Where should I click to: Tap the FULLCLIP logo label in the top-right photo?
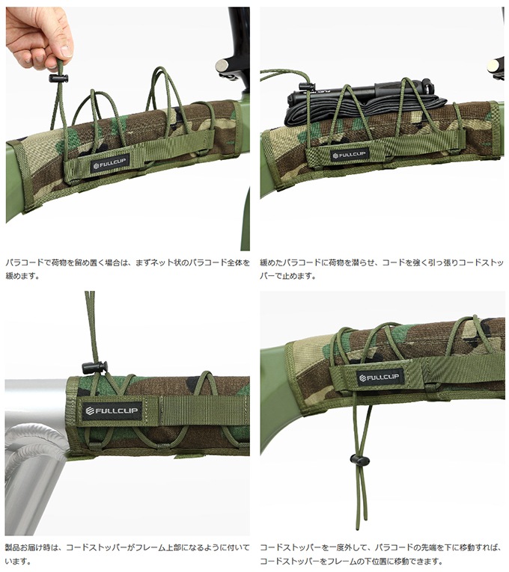tap(350, 154)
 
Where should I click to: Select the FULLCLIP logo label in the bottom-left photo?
tap(112, 410)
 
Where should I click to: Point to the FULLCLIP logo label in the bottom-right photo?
tap(380, 377)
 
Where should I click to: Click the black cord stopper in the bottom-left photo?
tap(94, 366)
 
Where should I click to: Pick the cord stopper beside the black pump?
tap(307, 86)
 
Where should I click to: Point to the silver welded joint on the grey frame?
tap(34, 443)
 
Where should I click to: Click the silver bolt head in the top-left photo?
tap(222, 66)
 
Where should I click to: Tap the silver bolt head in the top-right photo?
tap(494, 67)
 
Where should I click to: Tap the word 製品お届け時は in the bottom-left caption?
tap(31, 547)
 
